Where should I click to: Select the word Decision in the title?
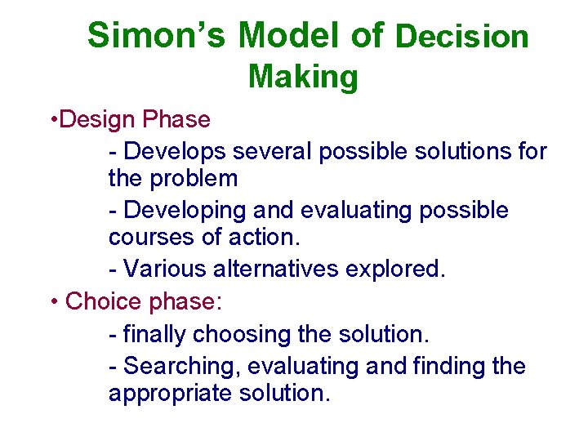pos(462,37)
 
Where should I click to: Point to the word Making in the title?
pos(303,77)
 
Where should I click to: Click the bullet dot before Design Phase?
pos(52,120)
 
